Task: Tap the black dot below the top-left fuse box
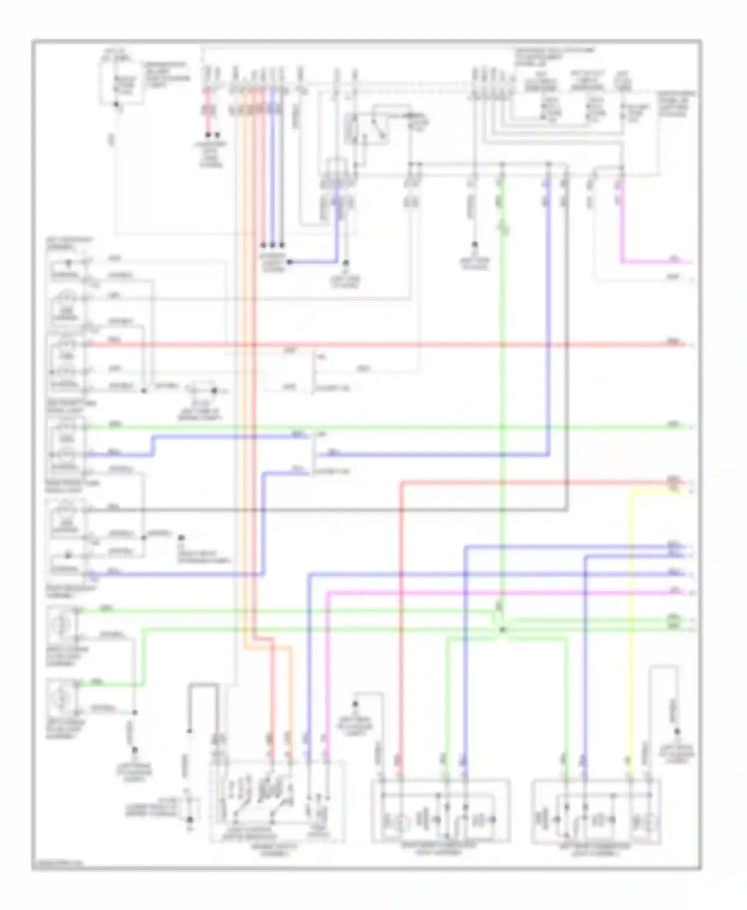116,105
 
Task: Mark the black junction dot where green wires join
501,630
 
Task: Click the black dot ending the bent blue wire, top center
289,262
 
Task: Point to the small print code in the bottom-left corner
57,866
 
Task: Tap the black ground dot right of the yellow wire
677,731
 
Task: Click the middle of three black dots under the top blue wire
272,245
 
